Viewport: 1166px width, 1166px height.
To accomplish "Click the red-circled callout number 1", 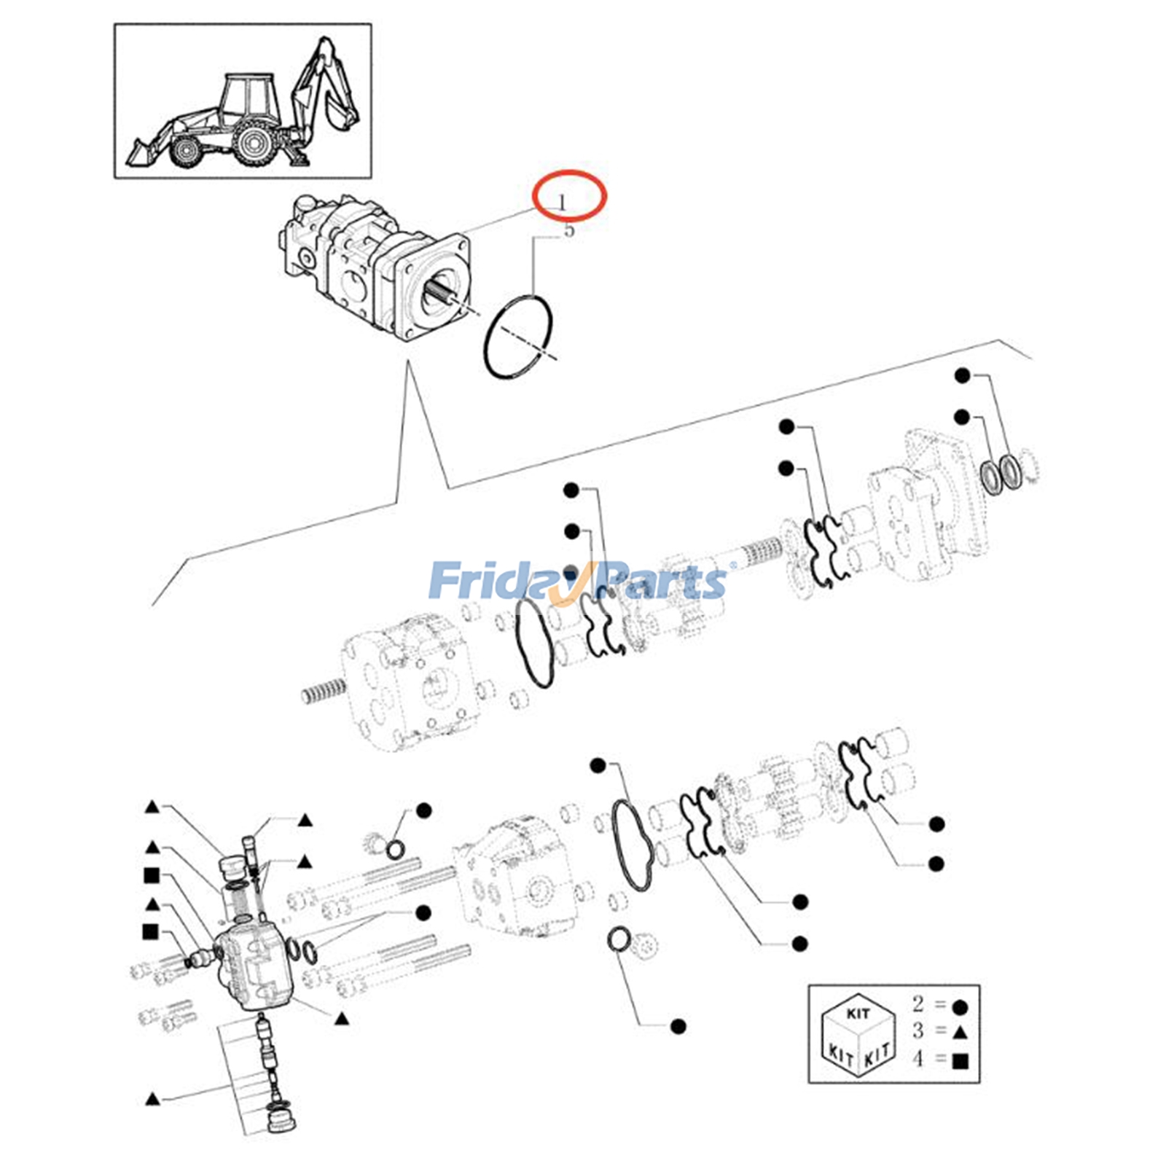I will click(561, 201).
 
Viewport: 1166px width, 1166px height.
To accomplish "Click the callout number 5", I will click(569, 230).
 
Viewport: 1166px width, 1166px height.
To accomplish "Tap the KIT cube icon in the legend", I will click(857, 1035).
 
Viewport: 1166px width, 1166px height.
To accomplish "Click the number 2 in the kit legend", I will click(917, 1003).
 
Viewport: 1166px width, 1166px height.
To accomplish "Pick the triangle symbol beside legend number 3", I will click(960, 1031).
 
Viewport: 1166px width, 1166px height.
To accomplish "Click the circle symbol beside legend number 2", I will click(960, 1007).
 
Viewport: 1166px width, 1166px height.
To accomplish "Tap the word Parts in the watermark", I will click(660, 581).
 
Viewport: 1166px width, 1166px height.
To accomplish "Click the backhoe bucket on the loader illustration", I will click(343, 114).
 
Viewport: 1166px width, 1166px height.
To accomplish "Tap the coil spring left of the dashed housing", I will click(323, 689).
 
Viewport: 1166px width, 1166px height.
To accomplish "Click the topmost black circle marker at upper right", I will click(963, 375).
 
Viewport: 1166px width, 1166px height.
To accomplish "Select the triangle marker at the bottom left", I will click(152, 1099).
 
